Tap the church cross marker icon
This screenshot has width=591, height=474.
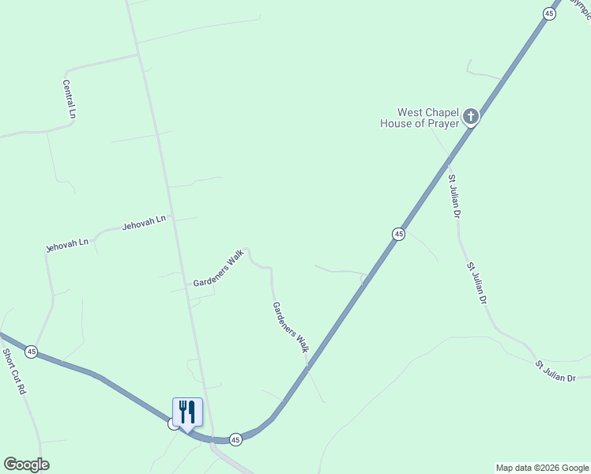click(x=471, y=118)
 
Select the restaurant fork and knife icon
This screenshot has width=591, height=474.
click(x=187, y=412)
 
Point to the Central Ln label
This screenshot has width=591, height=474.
click(x=70, y=99)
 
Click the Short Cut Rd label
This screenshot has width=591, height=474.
click(x=15, y=372)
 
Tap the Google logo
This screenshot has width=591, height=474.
click(x=26, y=465)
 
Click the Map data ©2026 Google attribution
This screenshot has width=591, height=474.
click(x=543, y=468)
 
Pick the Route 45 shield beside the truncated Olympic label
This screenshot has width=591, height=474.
click(x=548, y=13)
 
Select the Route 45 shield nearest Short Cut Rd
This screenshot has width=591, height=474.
click(x=31, y=351)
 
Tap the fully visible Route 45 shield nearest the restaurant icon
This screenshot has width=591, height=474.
click(x=235, y=438)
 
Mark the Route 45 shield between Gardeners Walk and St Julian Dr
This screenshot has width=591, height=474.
click(x=398, y=234)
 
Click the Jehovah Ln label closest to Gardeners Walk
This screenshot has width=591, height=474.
click(x=144, y=224)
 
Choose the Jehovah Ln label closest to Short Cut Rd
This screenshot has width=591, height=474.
click(x=66, y=246)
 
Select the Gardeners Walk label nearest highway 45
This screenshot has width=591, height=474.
click(x=290, y=326)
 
